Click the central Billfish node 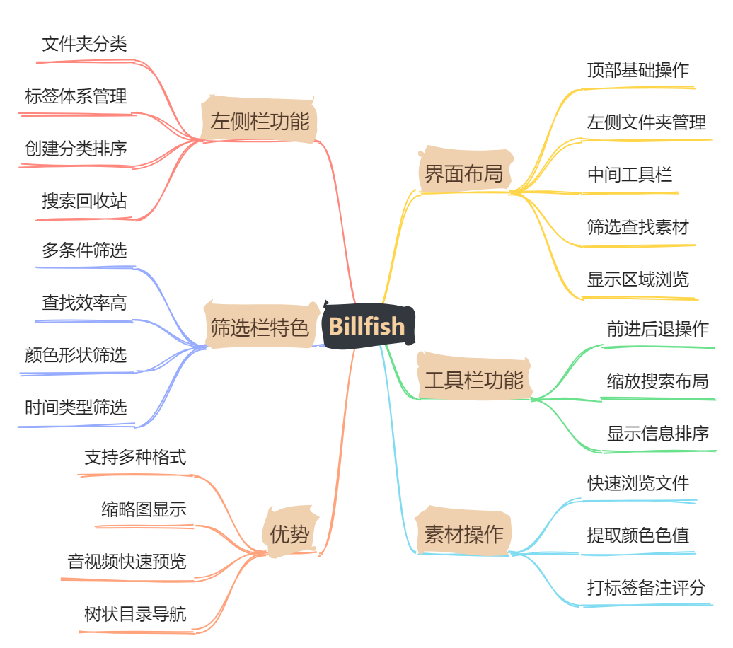(x=367, y=326)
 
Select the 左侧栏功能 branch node (x=260, y=121)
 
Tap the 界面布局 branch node (x=463, y=173)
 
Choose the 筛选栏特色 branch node (x=260, y=327)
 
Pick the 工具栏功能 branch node (x=473, y=380)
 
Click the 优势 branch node (x=290, y=534)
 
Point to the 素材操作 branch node (x=463, y=534)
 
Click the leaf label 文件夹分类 (x=84, y=45)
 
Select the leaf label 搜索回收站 (x=84, y=201)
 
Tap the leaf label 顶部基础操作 (x=637, y=70)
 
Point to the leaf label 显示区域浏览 (x=637, y=279)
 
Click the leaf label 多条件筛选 (x=84, y=250)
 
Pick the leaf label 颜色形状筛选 (x=76, y=354)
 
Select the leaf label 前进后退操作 (x=657, y=329)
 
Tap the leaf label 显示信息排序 (x=657, y=433)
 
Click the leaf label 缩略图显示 (x=144, y=509)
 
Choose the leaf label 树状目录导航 (x=135, y=613)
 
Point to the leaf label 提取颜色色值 (x=637, y=535)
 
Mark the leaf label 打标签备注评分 (x=646, y=587)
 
